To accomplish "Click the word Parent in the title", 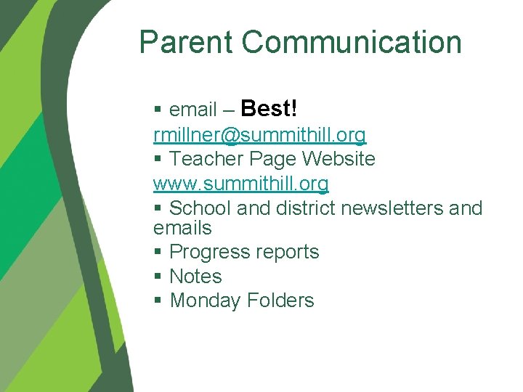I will (x=187, y=42).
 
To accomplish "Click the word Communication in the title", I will (x=352, y=42).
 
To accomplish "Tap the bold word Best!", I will (x=268, y=109).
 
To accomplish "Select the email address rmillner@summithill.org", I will (x=259, y=135).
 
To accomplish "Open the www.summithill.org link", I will (x=240, y=183).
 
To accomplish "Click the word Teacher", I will (x=206, y=159).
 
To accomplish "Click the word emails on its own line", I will (x=182, y=228).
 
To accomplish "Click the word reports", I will (x=287, y=253).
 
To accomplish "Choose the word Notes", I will (x=195, y=277).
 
